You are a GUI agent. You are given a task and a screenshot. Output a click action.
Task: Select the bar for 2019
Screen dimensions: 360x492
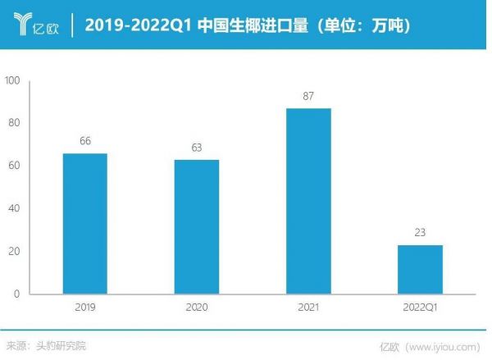click(x=85, y=223)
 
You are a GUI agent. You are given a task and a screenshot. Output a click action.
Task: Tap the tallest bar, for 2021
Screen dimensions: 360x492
click(x=308, y=201)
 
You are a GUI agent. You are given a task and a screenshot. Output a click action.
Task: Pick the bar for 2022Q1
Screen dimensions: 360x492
click(x=420, y=269)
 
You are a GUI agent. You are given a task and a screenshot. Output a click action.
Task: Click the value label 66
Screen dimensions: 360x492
click(x=85, y=141)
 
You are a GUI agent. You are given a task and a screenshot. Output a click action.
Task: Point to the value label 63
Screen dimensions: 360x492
click(x=197, y=148)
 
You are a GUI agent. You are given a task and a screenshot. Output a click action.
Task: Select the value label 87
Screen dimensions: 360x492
click(x=308, y=96)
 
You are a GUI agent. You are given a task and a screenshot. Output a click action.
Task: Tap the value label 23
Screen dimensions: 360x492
click(x=420, y=233)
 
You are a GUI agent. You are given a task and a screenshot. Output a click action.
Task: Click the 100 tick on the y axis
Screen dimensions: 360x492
click(x=12, y=80)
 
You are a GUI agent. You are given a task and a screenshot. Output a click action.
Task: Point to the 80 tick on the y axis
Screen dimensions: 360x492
click(x=15, y=123)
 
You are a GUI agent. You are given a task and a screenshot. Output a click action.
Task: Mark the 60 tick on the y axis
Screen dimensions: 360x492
click(x=15, y=166)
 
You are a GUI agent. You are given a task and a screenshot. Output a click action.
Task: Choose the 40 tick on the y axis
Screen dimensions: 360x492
click(x=15, y=208)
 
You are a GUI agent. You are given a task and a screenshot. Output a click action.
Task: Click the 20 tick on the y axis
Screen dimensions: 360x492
click(x=15, y=251)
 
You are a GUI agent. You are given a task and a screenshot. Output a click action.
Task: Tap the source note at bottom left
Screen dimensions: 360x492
click(x=45, y=345)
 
